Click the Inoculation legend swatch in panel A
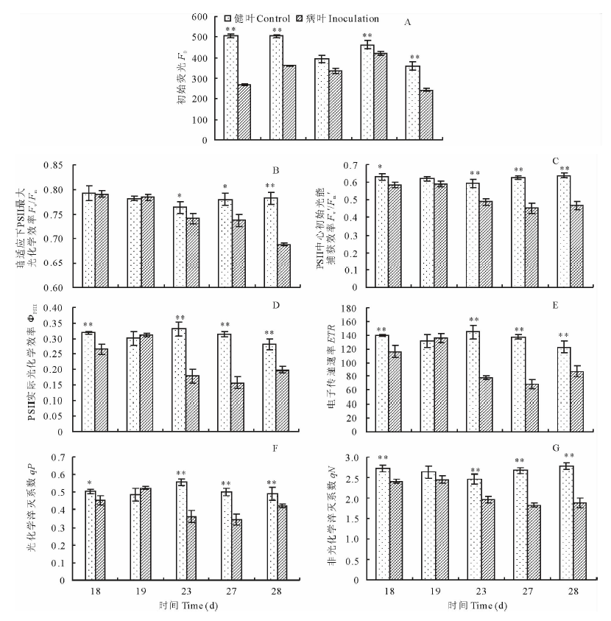(x=299, y=17)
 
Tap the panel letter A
(x=407, y=22)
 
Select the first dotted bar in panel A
(x=231, y=88)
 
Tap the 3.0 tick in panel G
(x=364, y=458)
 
